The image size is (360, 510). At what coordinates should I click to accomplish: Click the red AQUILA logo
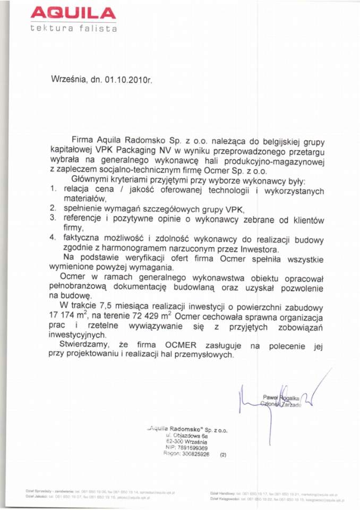point(73,13)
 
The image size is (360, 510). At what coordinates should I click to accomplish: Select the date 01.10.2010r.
point(128,80)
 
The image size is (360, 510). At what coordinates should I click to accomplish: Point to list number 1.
point(53,189)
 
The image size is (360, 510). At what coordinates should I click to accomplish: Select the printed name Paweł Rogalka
point(281,397)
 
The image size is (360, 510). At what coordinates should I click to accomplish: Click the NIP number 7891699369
point(194,448)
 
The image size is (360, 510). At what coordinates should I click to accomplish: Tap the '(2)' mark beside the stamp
point(223,455)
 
